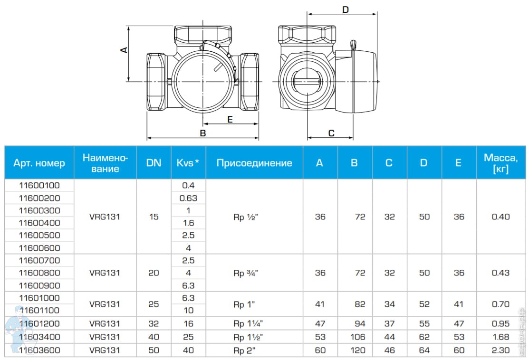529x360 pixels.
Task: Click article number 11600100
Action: click(x=39, y=185)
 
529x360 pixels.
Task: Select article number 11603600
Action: click(x=39, y=350)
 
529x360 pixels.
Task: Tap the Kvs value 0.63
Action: click(x=188, y=198)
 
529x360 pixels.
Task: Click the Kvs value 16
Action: click(x=188, y=323)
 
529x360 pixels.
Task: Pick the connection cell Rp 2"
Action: click(x=248, y=350)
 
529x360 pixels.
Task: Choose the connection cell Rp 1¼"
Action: click(x=248, y=323)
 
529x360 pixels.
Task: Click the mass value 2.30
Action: click(x=500, y=350)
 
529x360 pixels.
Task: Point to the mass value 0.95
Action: click(x=500, y=323)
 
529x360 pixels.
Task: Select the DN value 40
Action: click(x=154, y=337)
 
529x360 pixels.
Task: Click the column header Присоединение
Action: click(x=254, y=163)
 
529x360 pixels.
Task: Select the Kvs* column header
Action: click(x=188, y=163)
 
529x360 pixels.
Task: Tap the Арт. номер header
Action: click(x=39, y=163)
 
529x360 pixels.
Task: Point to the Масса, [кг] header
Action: click(x=500, y=163)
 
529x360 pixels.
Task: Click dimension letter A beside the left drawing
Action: click(x=124, y=49)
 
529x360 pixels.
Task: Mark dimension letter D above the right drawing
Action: click(x=346, y=9)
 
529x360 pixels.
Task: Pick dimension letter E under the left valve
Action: click(x=230, y=120)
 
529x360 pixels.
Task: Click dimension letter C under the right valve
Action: click(x=332, y=133)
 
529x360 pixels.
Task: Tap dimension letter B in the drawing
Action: click(x=203, y=133)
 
